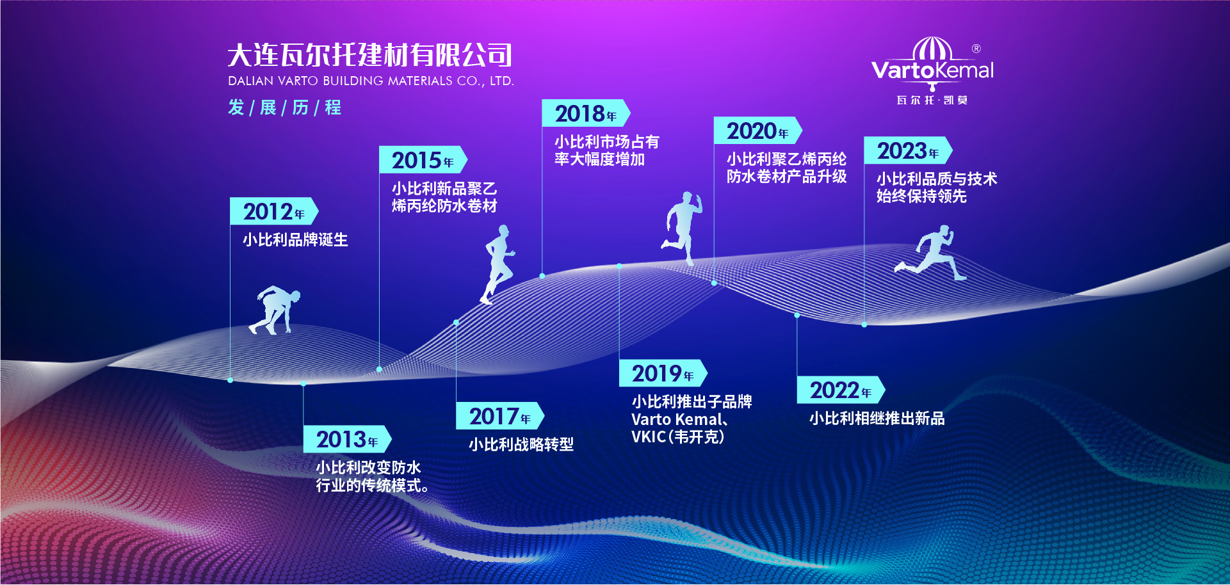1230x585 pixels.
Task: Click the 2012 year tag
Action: [274, 211]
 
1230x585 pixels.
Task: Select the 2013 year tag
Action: [347, 439]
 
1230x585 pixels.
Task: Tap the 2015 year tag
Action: [423, 160]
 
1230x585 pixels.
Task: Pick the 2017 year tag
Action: [500, 416]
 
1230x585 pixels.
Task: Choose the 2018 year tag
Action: [586, 113]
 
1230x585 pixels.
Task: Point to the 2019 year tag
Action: [663, 373]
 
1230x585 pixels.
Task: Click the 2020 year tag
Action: [758, 131]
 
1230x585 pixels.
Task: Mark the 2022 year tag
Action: [841, 390]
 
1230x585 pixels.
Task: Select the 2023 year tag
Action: [908, 150]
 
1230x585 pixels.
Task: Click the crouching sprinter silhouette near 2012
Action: [275, 310]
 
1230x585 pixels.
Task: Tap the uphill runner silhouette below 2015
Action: [498, 264]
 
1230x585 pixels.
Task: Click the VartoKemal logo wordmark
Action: [932, 70]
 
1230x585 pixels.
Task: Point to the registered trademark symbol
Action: [976, 49]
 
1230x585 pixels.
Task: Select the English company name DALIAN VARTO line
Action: [371, 81]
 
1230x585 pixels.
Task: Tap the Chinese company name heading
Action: [370, 55]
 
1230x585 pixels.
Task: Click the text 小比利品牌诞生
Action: [295, 240]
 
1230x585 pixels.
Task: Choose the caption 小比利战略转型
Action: [521, 444]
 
